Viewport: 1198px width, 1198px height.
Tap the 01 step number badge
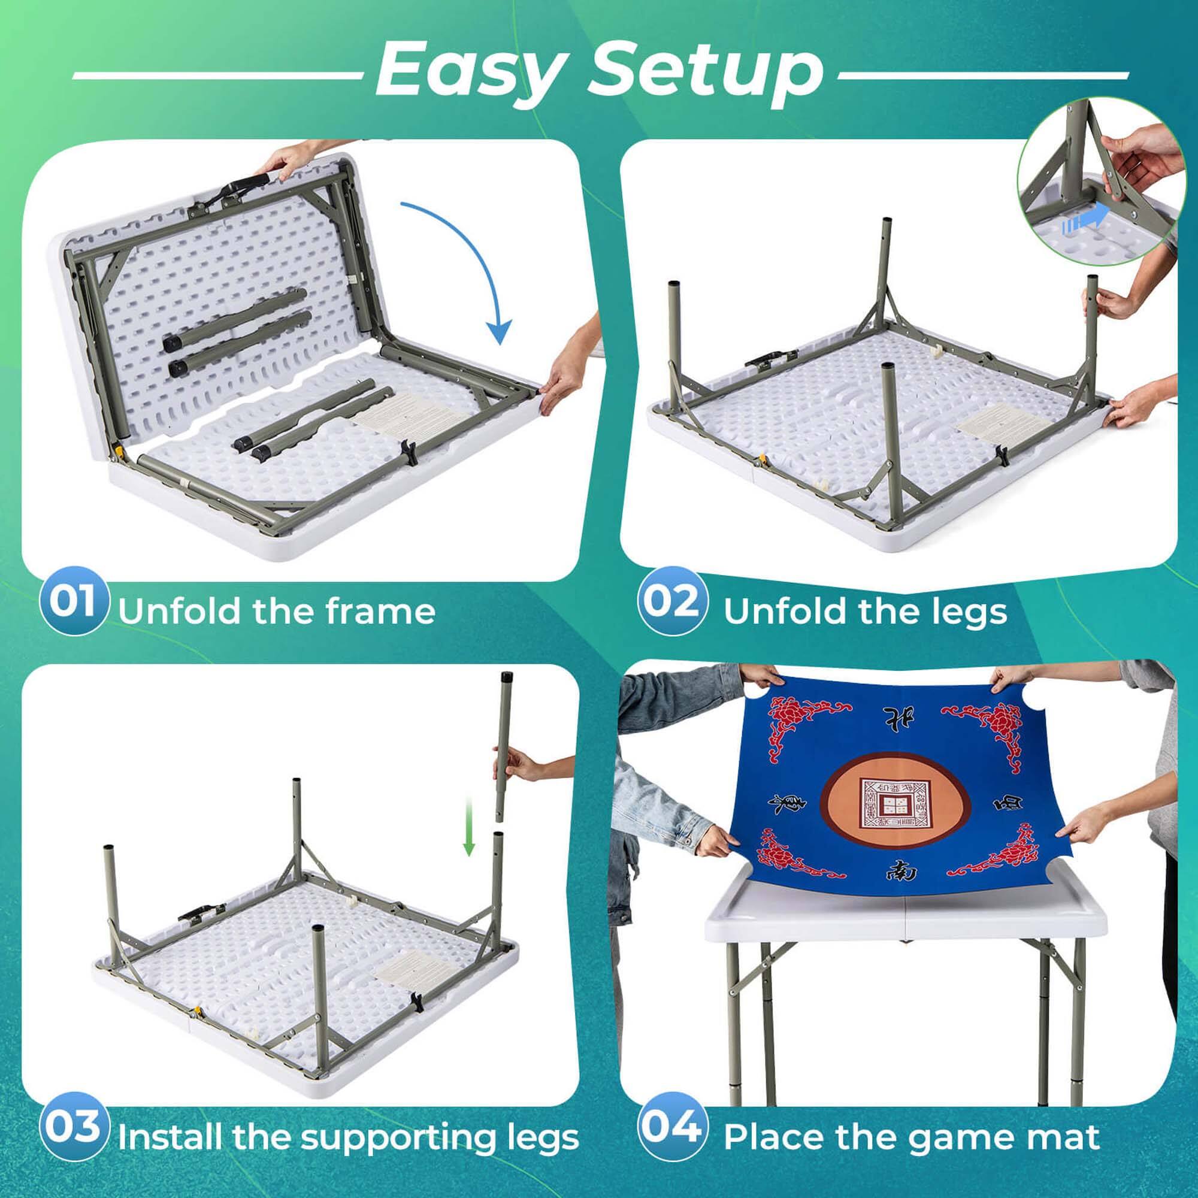pyautogui.click(x=72, y=601)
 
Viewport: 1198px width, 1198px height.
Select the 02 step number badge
pyautogui.click(x=673, y=601)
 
